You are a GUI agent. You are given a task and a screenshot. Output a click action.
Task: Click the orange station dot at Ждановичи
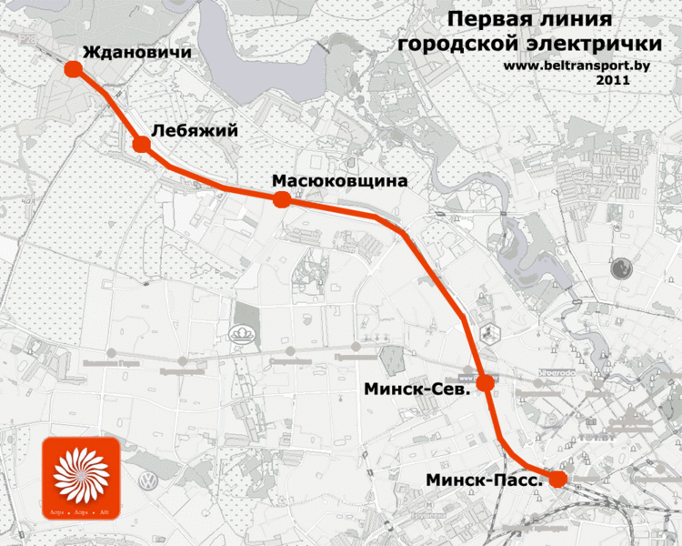73,69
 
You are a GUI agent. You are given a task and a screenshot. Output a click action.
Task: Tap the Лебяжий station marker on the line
141,145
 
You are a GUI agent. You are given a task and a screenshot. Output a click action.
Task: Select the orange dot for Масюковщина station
281,199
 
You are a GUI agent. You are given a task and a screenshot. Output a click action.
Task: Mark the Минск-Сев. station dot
486,383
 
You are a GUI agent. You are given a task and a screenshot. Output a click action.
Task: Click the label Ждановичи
136,53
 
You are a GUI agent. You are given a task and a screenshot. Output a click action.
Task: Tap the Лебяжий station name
195,132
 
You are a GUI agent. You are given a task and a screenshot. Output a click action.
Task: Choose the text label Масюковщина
339,181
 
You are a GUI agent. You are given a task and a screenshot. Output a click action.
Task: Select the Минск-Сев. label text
416,389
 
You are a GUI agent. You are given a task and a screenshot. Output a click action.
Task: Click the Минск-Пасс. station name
486,479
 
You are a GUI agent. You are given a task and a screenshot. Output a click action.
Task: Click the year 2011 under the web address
613,80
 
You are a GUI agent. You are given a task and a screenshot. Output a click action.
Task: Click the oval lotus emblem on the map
246,337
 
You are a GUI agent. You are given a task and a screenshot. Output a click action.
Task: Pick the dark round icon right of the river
622,268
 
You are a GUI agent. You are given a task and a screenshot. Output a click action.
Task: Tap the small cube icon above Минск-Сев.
490,333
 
